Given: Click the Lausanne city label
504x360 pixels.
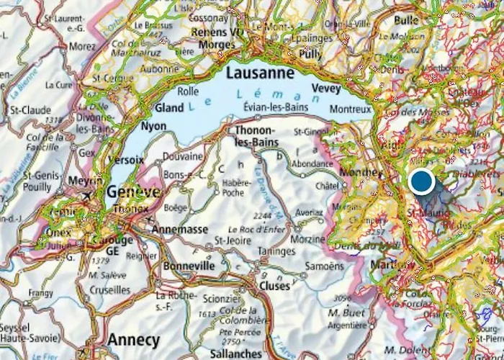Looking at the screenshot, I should [260, 73].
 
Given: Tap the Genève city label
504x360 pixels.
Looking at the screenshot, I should [134, 192].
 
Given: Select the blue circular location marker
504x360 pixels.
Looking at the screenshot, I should [421, 181].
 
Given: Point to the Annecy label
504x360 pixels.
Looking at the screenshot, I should [133, 339].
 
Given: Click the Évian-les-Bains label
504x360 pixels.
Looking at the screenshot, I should [276, 107].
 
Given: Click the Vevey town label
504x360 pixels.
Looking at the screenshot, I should [325, 88].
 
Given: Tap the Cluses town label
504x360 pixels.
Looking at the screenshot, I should [274, 285].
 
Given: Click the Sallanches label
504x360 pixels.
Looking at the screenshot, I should [237, 354].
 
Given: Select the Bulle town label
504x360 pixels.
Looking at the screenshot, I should [406, 20].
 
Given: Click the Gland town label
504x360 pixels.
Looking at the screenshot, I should [169, 108].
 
